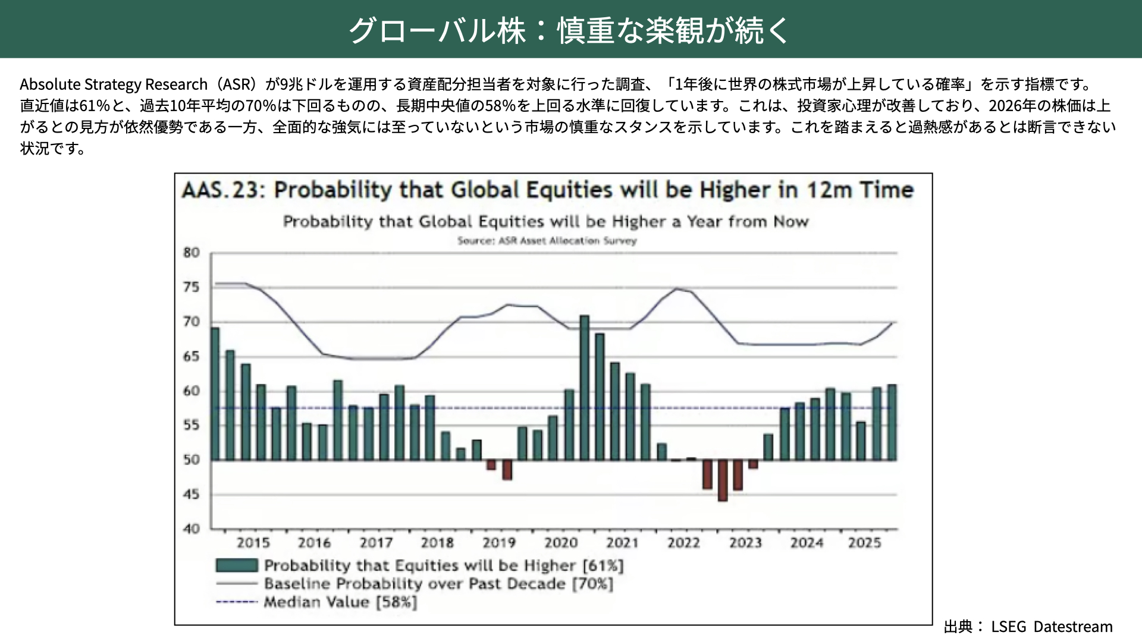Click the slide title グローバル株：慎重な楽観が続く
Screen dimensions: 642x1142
pos(569,30)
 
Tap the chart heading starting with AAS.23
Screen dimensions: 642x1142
pos(547,190)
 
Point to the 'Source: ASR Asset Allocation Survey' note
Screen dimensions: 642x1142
pos(547,241)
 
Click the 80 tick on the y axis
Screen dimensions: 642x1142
pos(192,253)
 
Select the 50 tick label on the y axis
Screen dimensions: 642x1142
pos(192,460)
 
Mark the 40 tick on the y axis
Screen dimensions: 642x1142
pos(192,528)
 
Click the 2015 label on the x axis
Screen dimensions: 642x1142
pos(253,543)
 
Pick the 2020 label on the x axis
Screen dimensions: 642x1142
pos(561,543)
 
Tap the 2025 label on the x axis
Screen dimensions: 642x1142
pos(864,543)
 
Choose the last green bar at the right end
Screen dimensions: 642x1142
pos(892,422)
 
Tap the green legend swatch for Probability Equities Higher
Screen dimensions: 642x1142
pos(237,565)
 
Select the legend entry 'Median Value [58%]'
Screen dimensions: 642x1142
pos(340,602)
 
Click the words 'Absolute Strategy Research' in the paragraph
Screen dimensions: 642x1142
pos(114,84)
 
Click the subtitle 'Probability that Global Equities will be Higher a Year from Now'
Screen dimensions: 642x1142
pos(545,222)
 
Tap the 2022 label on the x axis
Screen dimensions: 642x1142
pos(683,543)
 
